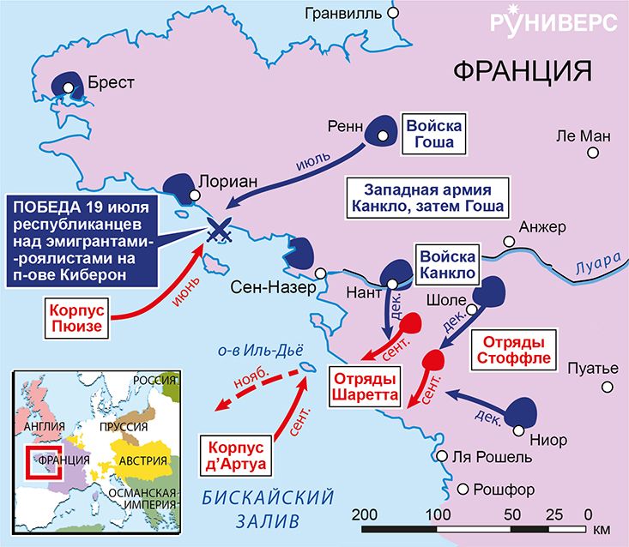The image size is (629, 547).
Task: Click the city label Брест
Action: click(110, 84)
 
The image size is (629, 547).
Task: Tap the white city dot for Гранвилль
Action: click(393, 15)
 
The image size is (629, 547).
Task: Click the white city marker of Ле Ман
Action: click(592, 153)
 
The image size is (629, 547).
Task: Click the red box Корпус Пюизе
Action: click(75, 316)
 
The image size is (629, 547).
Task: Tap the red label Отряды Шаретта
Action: click(366, 386)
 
